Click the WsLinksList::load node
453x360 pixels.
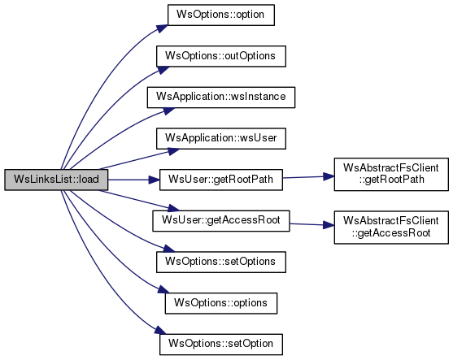point(56,180)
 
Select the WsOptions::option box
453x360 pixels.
point(221,15)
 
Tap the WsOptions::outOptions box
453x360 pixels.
point(221,56)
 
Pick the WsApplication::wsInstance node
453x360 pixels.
point(221,98)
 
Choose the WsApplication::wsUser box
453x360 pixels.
point(221,139)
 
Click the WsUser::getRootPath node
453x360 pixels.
point(221,180)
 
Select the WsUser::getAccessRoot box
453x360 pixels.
point(221,221)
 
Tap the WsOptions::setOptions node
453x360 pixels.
point(221,262)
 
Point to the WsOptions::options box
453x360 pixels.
point(221,303)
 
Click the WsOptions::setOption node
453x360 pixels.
point(221,345)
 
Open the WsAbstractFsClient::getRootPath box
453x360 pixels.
point(391,174)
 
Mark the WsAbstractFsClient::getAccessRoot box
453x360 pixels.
point(391,228)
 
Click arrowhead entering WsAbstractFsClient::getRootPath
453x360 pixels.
point(329,176)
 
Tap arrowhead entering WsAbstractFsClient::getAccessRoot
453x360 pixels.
point(329,225)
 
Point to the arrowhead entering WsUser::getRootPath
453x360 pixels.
point(154,180)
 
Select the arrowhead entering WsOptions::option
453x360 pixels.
point(163,28)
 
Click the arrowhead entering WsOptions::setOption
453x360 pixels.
point(161,331)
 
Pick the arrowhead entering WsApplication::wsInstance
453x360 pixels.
point(169,111)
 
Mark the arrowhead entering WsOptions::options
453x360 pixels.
point(163,290)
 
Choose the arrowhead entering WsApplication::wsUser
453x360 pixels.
point(174,152)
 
